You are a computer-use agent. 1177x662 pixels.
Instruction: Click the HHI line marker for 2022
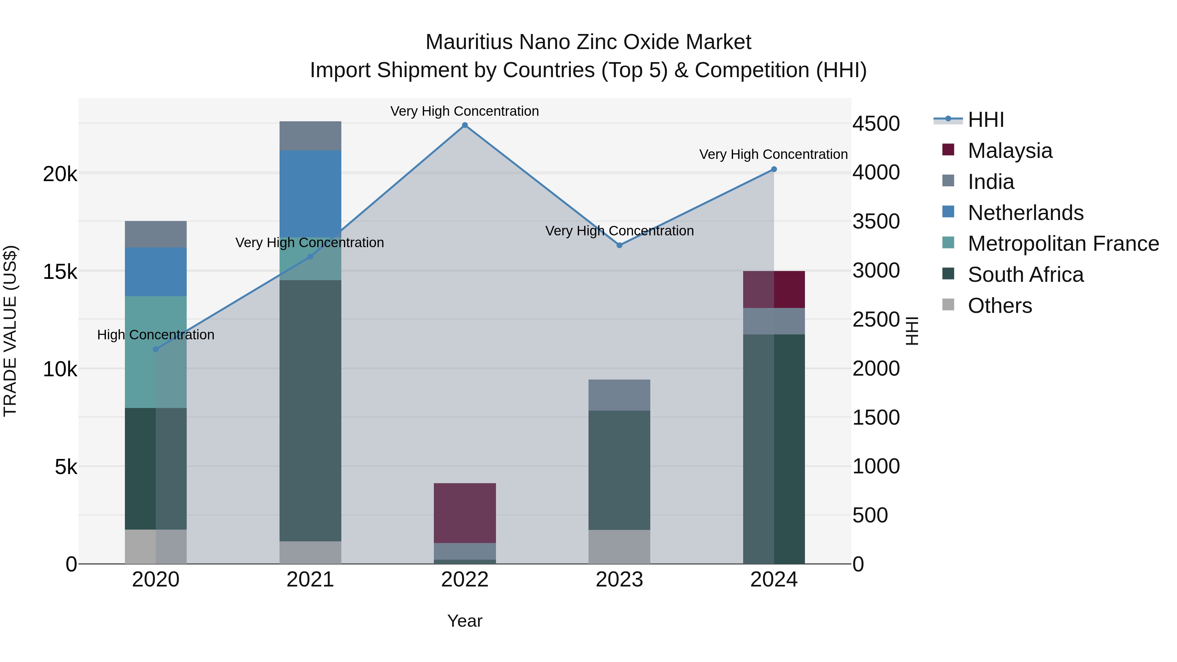pos(465,125)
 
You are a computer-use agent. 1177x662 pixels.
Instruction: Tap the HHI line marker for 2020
pos(156,349)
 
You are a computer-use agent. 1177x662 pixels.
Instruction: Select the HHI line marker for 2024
pos(774,169)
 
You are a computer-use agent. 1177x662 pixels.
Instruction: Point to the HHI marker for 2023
pos(620,245)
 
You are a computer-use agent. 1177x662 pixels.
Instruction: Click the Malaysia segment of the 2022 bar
pos(465,513)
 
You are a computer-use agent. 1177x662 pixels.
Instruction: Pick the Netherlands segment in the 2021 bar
pos(310,194)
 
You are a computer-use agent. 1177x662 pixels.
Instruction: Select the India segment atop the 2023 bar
pos(619,395)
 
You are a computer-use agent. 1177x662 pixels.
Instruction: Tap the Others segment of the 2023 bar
pos(619,547)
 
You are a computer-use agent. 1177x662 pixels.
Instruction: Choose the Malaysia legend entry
pos(1010,151)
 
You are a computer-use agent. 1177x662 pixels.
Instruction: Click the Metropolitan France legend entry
pos(1063,244)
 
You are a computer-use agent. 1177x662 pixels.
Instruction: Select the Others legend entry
pos(1000,306)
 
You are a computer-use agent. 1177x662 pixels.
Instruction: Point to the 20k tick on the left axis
pos(60,174)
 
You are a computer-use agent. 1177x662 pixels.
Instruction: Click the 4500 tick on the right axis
pos(876,124)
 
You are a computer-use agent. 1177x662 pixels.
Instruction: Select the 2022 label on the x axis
pos(465,580)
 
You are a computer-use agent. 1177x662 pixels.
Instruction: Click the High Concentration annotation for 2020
pos(156,335)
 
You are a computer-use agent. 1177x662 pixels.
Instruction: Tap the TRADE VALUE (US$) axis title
pos(10,331)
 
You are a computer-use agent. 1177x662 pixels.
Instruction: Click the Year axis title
pos(465,621)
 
